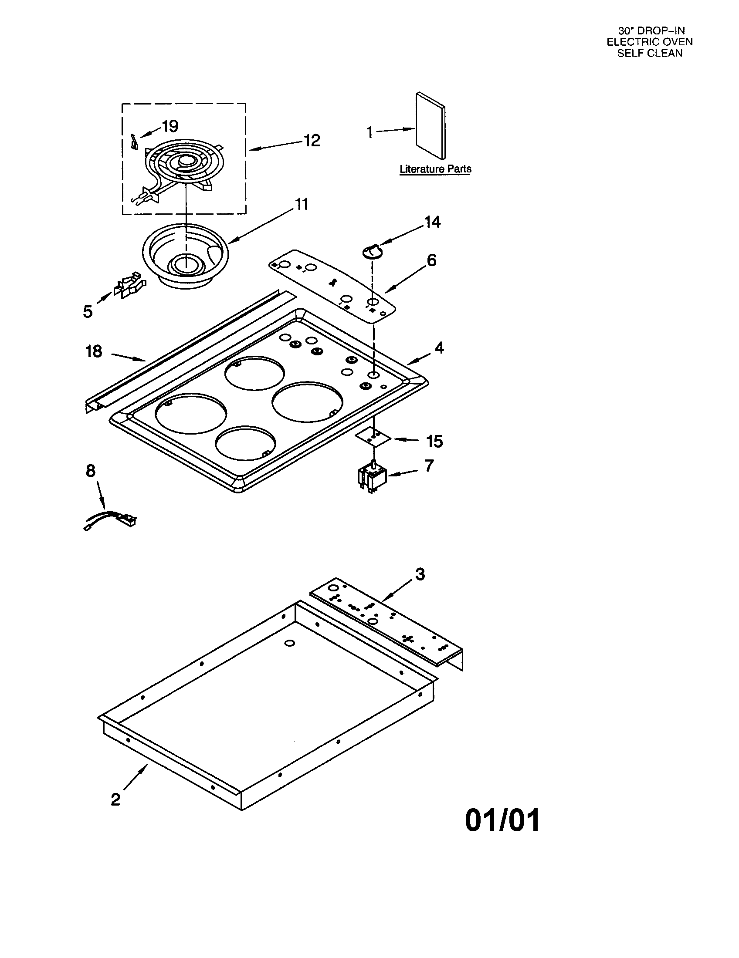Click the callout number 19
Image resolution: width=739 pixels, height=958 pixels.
click(170, 126)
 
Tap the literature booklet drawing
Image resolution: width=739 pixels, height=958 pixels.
click(431, 126)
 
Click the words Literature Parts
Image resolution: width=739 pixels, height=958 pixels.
click(435, 169)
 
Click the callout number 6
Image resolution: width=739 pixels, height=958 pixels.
click(432, 260)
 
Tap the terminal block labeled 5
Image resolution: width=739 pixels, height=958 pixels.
click(129, 286)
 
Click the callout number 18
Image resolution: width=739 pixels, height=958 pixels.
click(94, 351)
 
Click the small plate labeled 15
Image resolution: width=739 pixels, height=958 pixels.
click(373, 438)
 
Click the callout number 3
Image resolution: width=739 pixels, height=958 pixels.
click(420, 574)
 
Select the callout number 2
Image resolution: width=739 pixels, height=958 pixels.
click(115, 799)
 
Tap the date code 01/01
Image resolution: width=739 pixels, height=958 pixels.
click(502, 820)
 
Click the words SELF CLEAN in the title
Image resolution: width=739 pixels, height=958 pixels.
click(650, 53)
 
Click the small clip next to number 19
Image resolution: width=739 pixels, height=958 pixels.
click(134, 143)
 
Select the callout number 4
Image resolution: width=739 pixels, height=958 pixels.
click(439, 348)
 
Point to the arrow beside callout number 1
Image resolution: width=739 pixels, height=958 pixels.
click(395, 130)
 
